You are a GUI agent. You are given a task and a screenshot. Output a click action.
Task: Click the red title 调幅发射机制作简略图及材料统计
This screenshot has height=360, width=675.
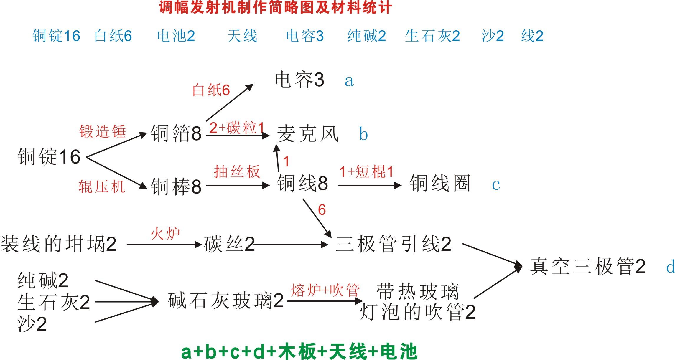pos(276,7)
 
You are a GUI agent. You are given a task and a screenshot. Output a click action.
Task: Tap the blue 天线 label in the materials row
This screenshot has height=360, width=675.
pos(242,36)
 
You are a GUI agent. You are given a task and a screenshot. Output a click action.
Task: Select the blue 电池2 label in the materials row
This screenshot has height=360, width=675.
pos(176,36)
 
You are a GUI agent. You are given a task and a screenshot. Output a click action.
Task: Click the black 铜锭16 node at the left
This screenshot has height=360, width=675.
pos(49,156)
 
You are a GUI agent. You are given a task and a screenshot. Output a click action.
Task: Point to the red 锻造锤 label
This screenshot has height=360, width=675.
pos(103,131)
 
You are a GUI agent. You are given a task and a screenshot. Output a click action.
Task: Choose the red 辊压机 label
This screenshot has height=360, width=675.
pos(102,186)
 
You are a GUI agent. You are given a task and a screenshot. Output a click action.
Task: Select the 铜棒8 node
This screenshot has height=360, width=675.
pos(176,186)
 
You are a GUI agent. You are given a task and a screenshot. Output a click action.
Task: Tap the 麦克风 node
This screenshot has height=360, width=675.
pos(308,134)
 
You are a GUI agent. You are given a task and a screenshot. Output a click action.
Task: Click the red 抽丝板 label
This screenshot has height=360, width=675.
pos(237,171)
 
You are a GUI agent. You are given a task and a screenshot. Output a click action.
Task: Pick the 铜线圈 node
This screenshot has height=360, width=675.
pos(440,183)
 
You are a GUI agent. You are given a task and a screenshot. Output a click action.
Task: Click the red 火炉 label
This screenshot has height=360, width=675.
pos(165,234)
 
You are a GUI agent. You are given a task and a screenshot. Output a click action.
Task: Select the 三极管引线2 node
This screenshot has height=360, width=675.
pos(394,244)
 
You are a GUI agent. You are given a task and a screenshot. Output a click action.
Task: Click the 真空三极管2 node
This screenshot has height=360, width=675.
pos(588,266)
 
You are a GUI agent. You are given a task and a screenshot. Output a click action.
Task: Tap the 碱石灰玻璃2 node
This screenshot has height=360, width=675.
pos(225,301)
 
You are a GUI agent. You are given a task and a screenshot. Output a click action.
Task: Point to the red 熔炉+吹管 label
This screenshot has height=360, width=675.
pos(325,290)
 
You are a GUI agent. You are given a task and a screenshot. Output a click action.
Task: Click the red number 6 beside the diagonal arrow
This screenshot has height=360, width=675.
pos(322,210)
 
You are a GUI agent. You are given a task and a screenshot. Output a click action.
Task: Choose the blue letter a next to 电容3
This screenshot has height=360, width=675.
pos(349,81)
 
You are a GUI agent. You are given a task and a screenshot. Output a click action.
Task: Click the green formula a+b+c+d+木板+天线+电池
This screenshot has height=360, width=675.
pos(299,351)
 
